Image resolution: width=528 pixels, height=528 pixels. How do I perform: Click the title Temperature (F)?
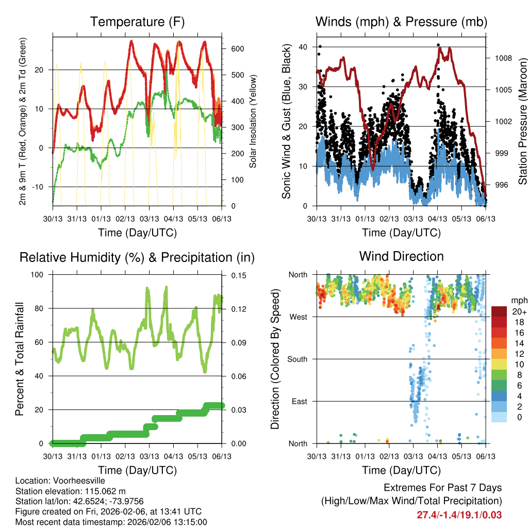click(137, 22)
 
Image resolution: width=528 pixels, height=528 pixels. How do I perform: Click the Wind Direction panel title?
click(401, 256)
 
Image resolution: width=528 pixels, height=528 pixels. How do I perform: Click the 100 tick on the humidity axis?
click(39, 275)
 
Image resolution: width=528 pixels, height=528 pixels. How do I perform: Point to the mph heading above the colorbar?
click(518, 300)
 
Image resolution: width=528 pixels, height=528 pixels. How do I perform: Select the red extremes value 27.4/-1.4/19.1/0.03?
click(459, 515)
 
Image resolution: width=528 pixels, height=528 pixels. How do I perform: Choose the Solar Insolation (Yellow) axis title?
click(253, 121)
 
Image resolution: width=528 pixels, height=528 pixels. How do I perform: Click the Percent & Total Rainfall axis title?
click(20, 359)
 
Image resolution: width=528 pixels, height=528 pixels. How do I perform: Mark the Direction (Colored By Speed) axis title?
click(275, 359)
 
